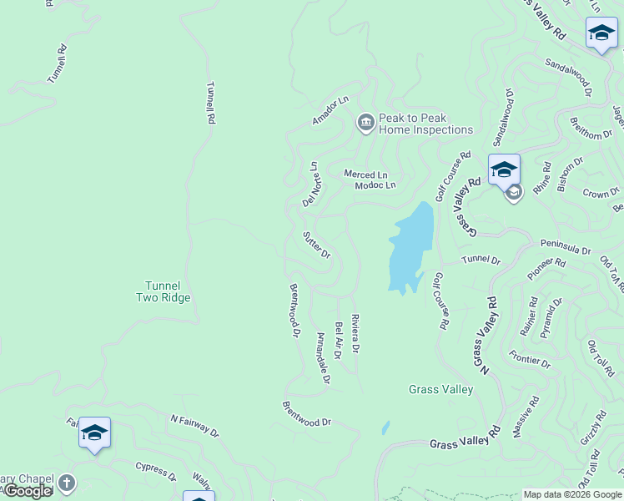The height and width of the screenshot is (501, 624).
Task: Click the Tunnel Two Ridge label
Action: [164, 291]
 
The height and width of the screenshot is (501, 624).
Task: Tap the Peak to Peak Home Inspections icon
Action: [365, 124]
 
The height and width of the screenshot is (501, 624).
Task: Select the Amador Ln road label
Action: [330, 111]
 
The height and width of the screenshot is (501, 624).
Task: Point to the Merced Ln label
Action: [366, 174]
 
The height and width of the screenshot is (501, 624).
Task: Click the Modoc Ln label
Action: [375, 185]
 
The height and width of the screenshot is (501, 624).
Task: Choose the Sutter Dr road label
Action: [317, 244]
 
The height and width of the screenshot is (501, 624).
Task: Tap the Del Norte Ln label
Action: [310, 185]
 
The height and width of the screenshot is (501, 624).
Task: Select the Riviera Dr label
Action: [355, 332]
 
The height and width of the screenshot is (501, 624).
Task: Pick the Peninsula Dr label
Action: [566, 250]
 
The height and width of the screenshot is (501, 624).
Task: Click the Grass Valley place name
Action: [440, 389]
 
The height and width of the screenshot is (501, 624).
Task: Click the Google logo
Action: [27, 491]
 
